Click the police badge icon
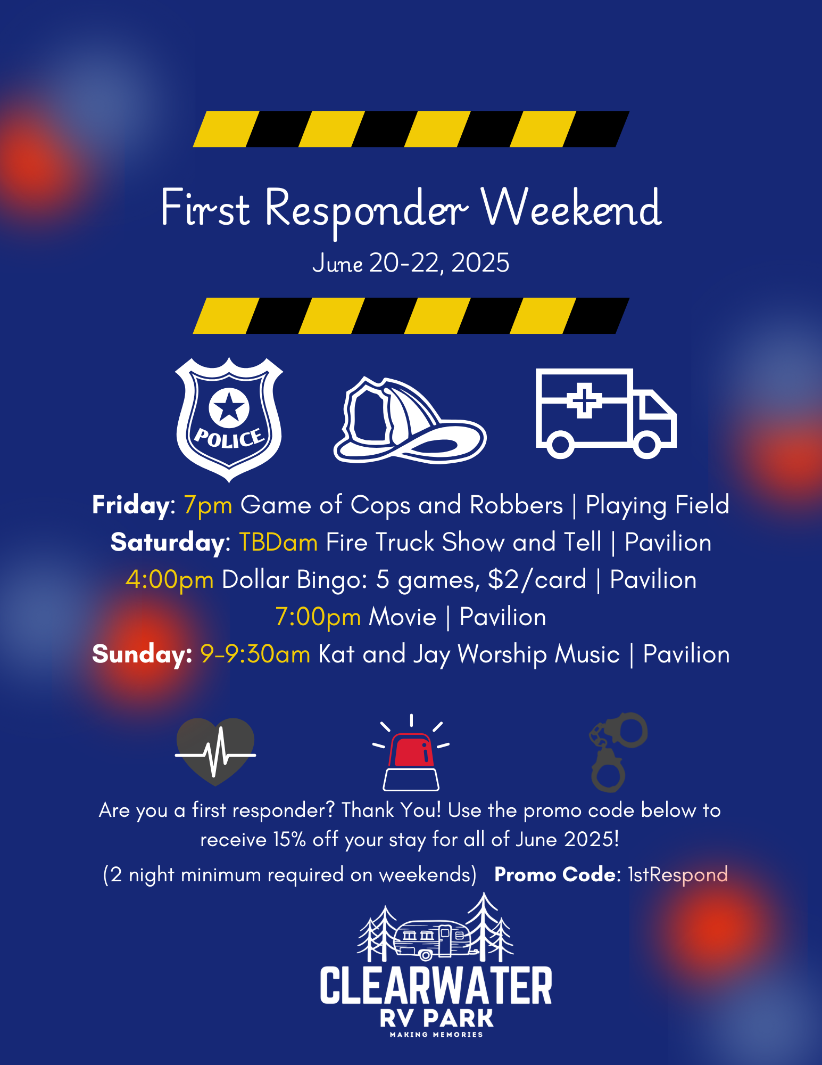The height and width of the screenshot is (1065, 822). coord(229,420)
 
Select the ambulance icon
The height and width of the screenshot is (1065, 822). coord(606,413)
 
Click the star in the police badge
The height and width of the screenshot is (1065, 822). coord(229,407)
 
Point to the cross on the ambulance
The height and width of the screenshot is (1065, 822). coord(584,400)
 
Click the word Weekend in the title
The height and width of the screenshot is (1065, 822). coord(571,208)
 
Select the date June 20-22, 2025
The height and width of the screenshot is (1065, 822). coord(411,263)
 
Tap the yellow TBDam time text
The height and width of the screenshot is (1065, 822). coord(278,542)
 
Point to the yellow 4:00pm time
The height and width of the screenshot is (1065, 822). coord(170,580)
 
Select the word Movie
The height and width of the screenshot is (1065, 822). coord(402,617)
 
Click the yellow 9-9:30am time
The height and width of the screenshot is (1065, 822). coord(255,654)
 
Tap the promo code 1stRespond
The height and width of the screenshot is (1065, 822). coord(678,874)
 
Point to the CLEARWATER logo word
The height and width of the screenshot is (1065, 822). coord(436,986)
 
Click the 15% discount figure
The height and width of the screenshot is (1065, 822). coord(289,840)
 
